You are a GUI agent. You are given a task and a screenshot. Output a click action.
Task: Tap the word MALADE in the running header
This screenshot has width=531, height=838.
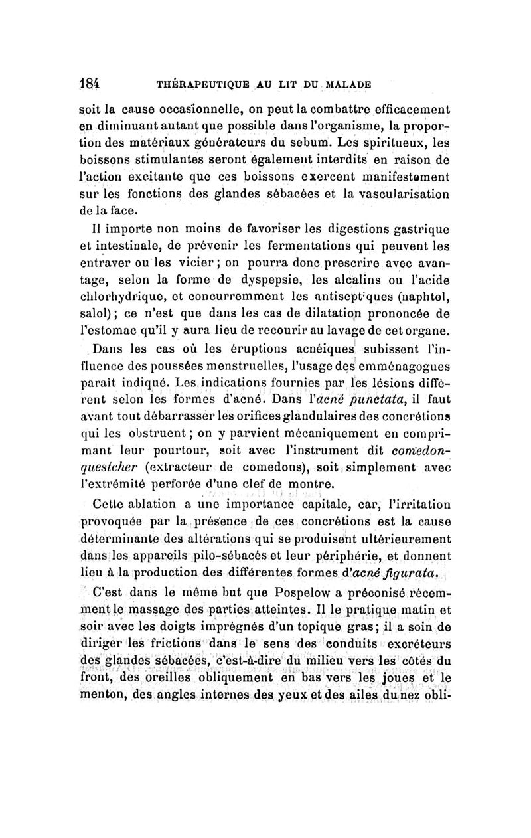pos(343,85)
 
